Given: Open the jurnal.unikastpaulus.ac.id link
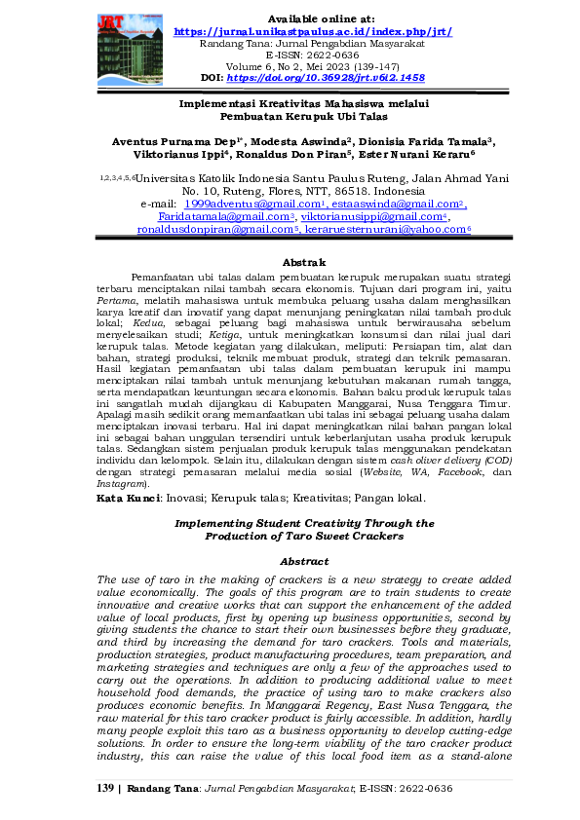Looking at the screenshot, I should click(x=312, y=31).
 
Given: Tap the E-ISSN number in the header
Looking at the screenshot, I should click(x=312, y=55).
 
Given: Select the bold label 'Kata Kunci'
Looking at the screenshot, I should click(x=128, y=497).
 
